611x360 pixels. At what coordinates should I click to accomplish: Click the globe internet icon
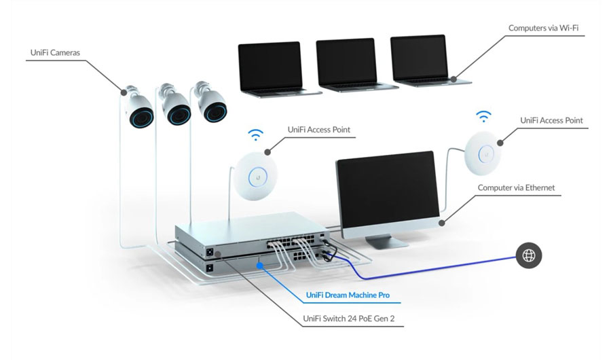tap(528, 256)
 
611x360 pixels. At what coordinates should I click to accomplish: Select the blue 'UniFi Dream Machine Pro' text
tap(353, 295)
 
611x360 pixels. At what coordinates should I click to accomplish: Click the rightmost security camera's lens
tap(215, 112)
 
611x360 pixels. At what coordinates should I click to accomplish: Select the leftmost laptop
tap(270, 66)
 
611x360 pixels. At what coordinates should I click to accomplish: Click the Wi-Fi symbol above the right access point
tap(483, 115)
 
